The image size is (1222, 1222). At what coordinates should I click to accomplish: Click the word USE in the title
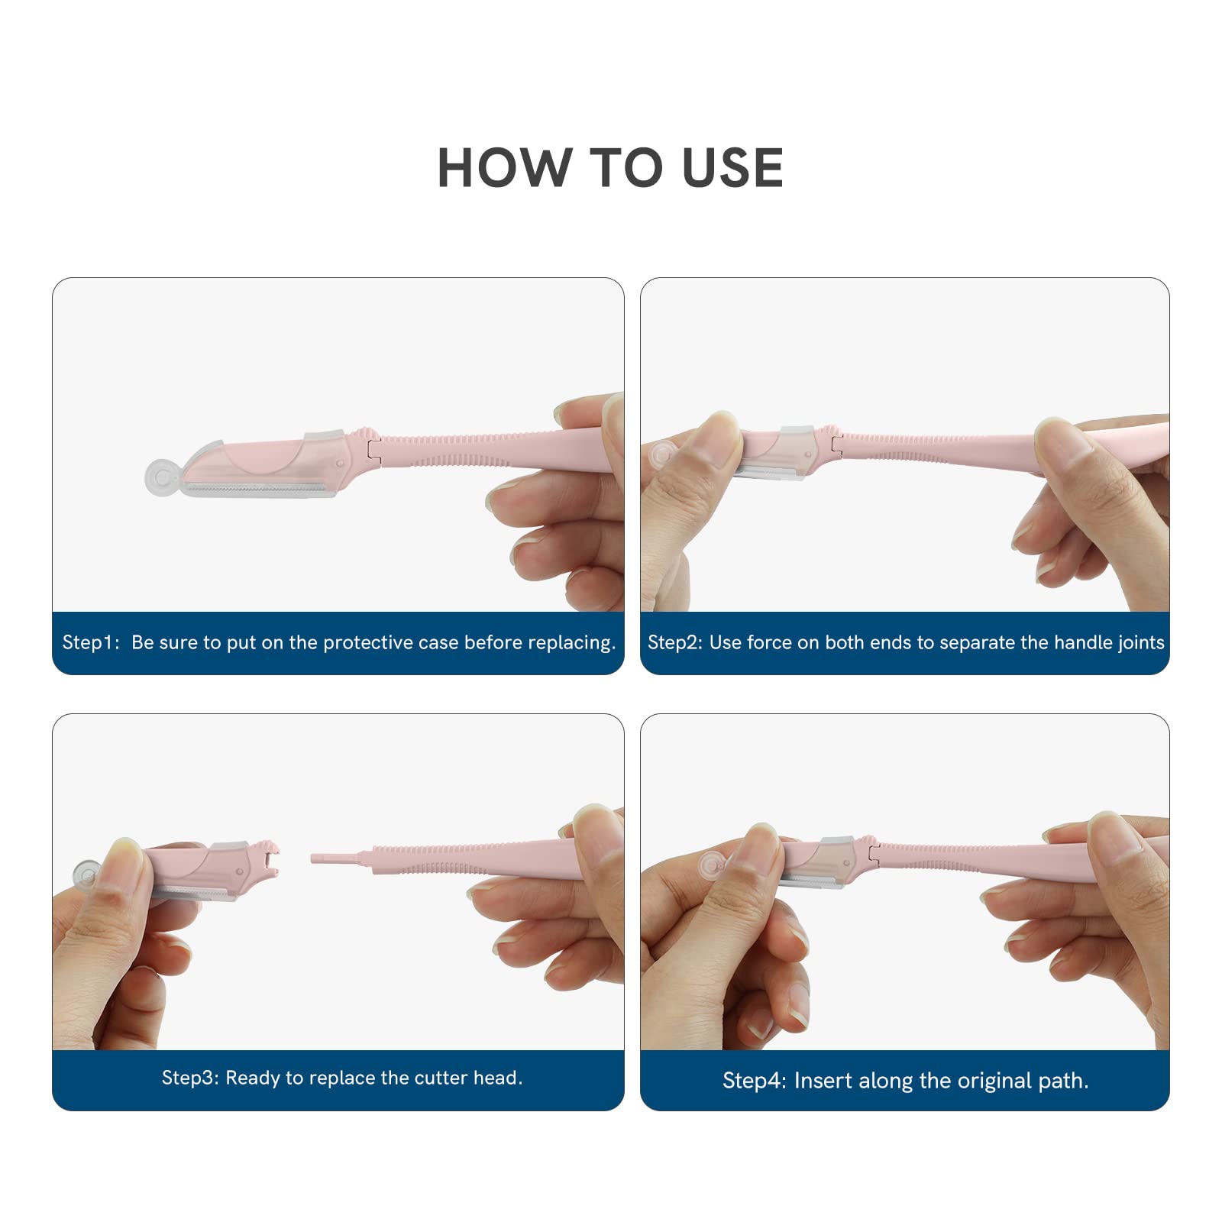click(733, 168)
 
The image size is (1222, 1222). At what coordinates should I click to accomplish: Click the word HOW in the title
click(505, 168)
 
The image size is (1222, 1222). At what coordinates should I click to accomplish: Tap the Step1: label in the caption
click(90, 642)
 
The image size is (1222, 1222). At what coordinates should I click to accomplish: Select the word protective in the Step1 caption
click(368, 642)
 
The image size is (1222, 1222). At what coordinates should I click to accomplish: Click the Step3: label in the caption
click(190, 1078)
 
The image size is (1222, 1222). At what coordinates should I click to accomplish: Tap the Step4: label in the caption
click(754, 1081)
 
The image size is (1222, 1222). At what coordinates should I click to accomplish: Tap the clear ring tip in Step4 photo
click(713, 865)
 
